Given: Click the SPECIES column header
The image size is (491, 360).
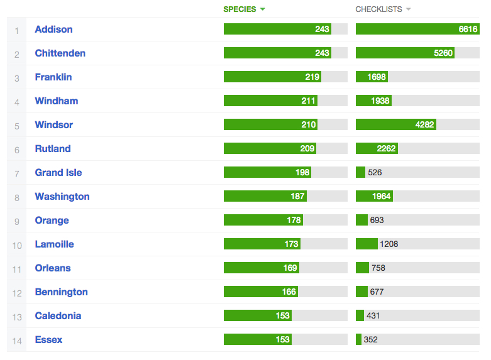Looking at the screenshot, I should tap(240, 9).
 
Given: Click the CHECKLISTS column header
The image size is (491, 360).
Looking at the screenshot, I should tap(378, 9).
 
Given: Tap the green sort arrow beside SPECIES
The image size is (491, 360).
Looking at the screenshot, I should tap(262, 9).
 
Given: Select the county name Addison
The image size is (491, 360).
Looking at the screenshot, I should tap(53, 30).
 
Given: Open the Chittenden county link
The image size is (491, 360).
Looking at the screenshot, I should tap(60, 53).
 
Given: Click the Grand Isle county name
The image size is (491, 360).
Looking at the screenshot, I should tap(58, 173).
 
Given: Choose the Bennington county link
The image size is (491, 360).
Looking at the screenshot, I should tap(61, 292).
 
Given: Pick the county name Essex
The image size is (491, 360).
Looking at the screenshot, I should tap(48, 340).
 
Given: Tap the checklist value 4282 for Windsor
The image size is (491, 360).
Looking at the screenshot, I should tap(424, 125).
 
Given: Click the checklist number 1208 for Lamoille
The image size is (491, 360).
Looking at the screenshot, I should tap(389, 244).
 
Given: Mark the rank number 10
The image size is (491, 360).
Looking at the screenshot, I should tap(17, 245).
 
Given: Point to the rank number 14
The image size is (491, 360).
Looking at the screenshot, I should tap(17, 341).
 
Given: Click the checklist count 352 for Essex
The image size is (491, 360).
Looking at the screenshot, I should tap(370, 340).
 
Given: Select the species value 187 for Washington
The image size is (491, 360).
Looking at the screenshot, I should tap(297, 197).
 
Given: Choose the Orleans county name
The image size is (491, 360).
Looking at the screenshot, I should tap(53, 268).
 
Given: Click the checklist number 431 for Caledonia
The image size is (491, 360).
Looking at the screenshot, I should tap(372, 316).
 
